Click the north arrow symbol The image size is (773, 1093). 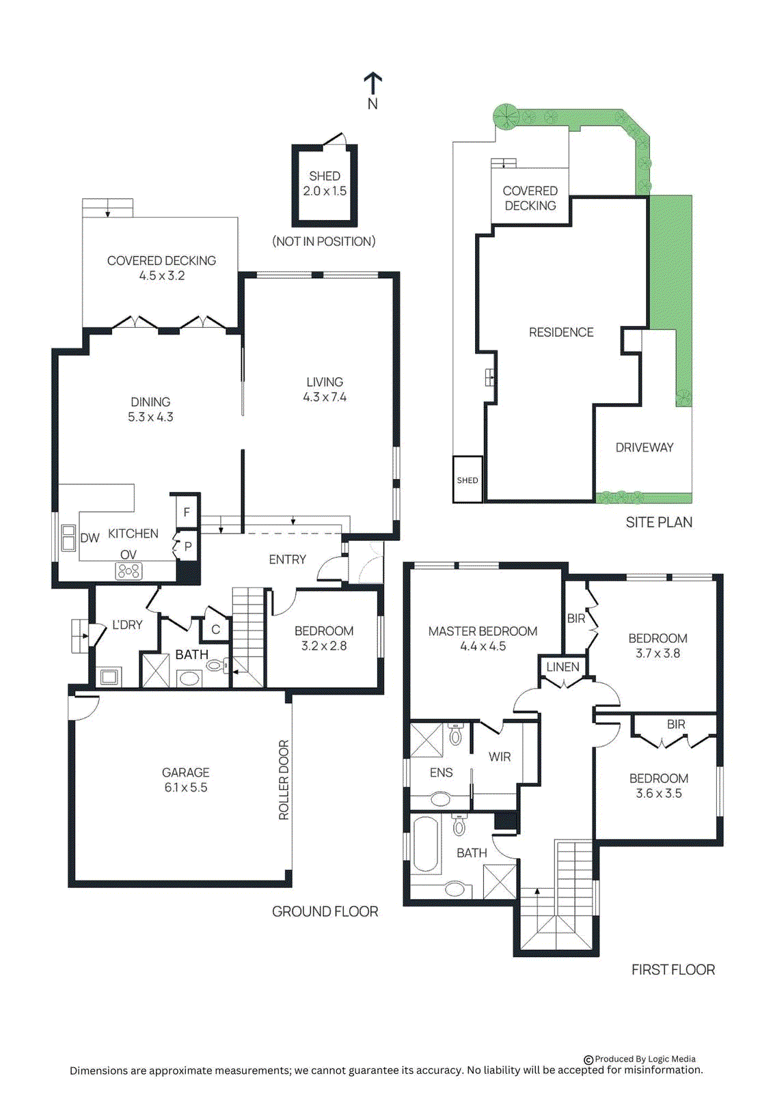click(x=372, y=85)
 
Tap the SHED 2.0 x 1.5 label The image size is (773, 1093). click(x=325, y=184)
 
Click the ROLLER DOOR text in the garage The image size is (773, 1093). click(x=284, y=779)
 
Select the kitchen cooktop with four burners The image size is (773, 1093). click(x=128, y=571)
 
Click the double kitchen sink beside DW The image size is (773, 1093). click(x=68, y=538)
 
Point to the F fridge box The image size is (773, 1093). click(x=186, y=512)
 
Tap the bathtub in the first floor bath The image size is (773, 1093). click(x=425, y=844)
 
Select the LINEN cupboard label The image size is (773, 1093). click(x=562, y=667)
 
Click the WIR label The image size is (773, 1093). click(x=500, y=757)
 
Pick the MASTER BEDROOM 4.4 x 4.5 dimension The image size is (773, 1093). click(x=483, y=646)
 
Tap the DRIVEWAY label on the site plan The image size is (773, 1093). click(x=644, y=447)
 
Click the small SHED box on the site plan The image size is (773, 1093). click(x=467, y=480)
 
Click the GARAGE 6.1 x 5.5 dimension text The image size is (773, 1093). click(x=185, y=788)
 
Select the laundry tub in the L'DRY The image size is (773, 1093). click(x=109, y=677)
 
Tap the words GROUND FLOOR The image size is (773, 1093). click(x=325, y=911)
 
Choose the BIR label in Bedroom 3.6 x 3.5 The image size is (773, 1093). click(x=675, y=724)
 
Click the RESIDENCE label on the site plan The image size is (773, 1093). click(x=561, y=332)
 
